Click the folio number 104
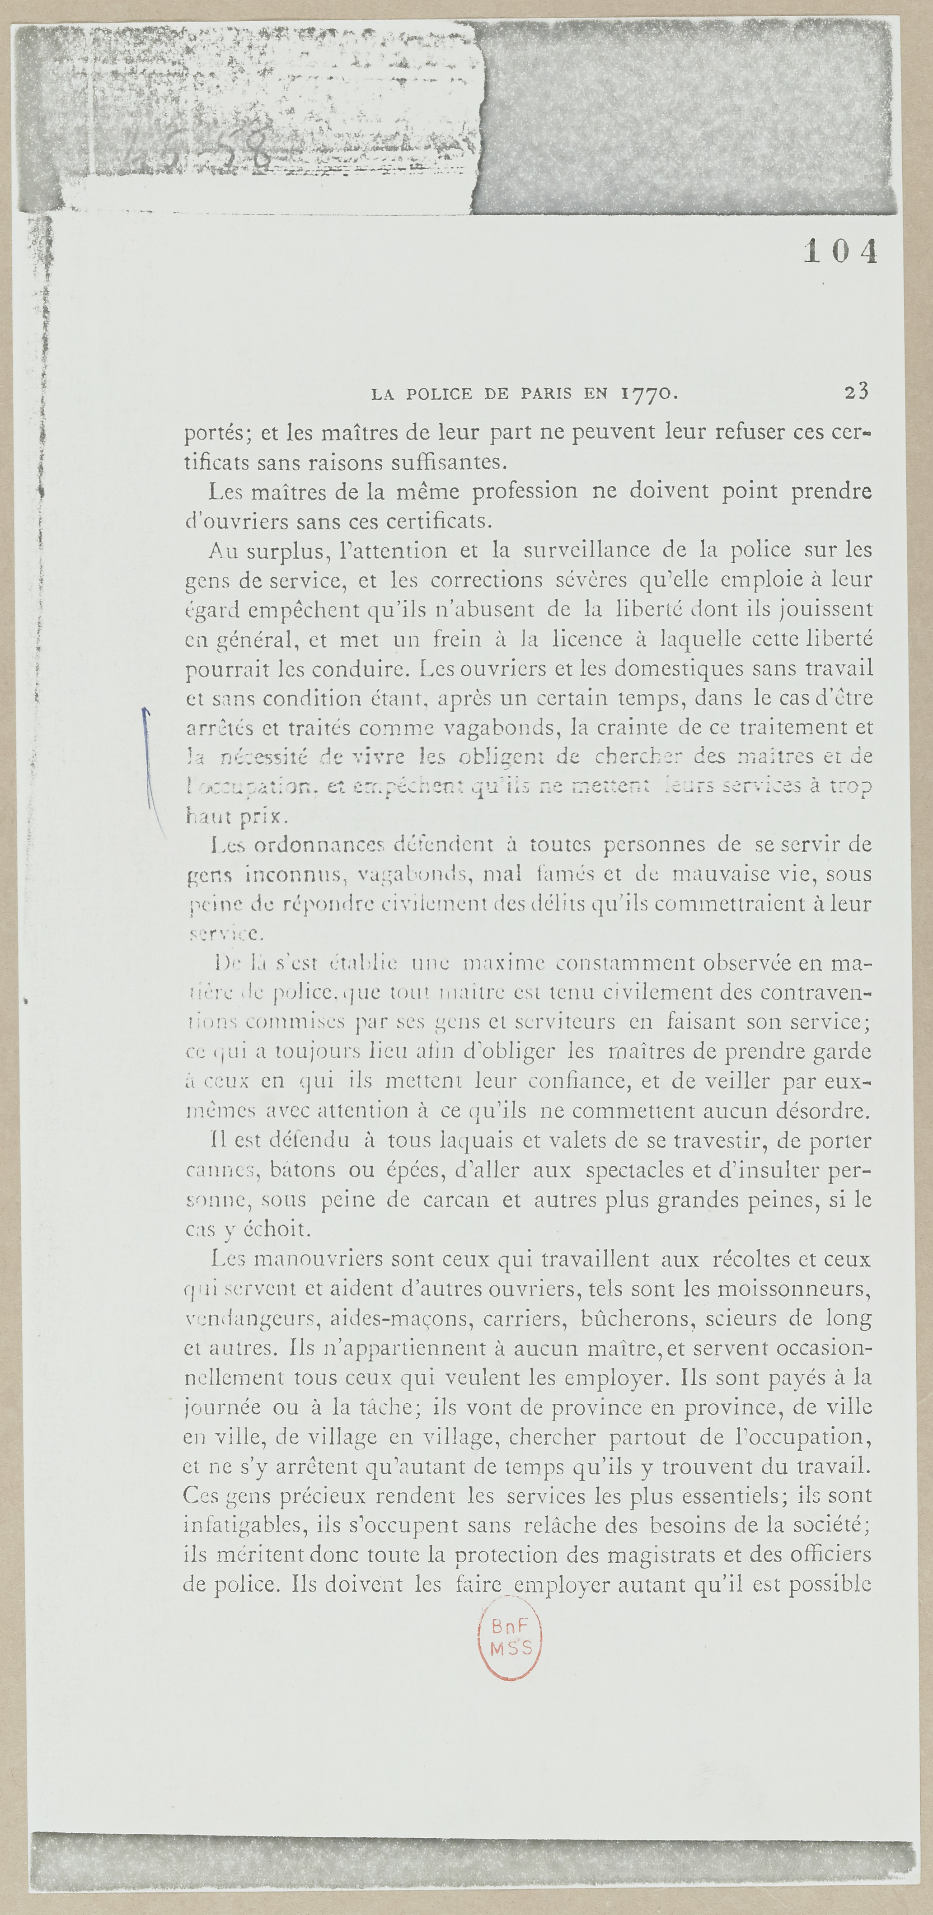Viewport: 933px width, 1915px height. tap(840, 253)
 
